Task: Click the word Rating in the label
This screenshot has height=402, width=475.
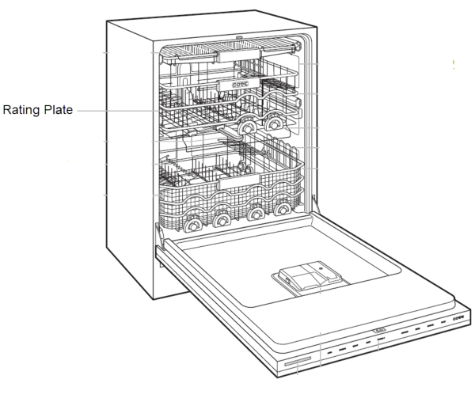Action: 21,110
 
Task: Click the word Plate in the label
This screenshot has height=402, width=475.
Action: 58,109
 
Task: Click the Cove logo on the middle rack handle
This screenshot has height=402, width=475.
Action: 240,85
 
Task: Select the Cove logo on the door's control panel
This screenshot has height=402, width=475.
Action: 458,318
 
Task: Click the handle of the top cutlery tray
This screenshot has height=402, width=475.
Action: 238,55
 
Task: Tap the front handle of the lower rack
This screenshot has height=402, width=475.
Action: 239,182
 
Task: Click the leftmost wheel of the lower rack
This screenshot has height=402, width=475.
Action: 192,225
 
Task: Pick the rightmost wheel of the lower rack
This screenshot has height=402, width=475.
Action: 283,208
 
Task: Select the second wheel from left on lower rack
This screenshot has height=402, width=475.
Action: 222,220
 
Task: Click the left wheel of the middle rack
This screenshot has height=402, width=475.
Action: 247,128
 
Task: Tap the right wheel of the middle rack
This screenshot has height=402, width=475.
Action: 274,123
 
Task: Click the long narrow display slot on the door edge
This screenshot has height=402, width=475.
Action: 298,361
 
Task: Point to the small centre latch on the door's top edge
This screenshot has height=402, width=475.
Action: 379,330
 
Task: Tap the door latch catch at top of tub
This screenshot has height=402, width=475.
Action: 239,38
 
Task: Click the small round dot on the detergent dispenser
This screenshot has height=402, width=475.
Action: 321,268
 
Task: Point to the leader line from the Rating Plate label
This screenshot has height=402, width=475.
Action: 118,111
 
